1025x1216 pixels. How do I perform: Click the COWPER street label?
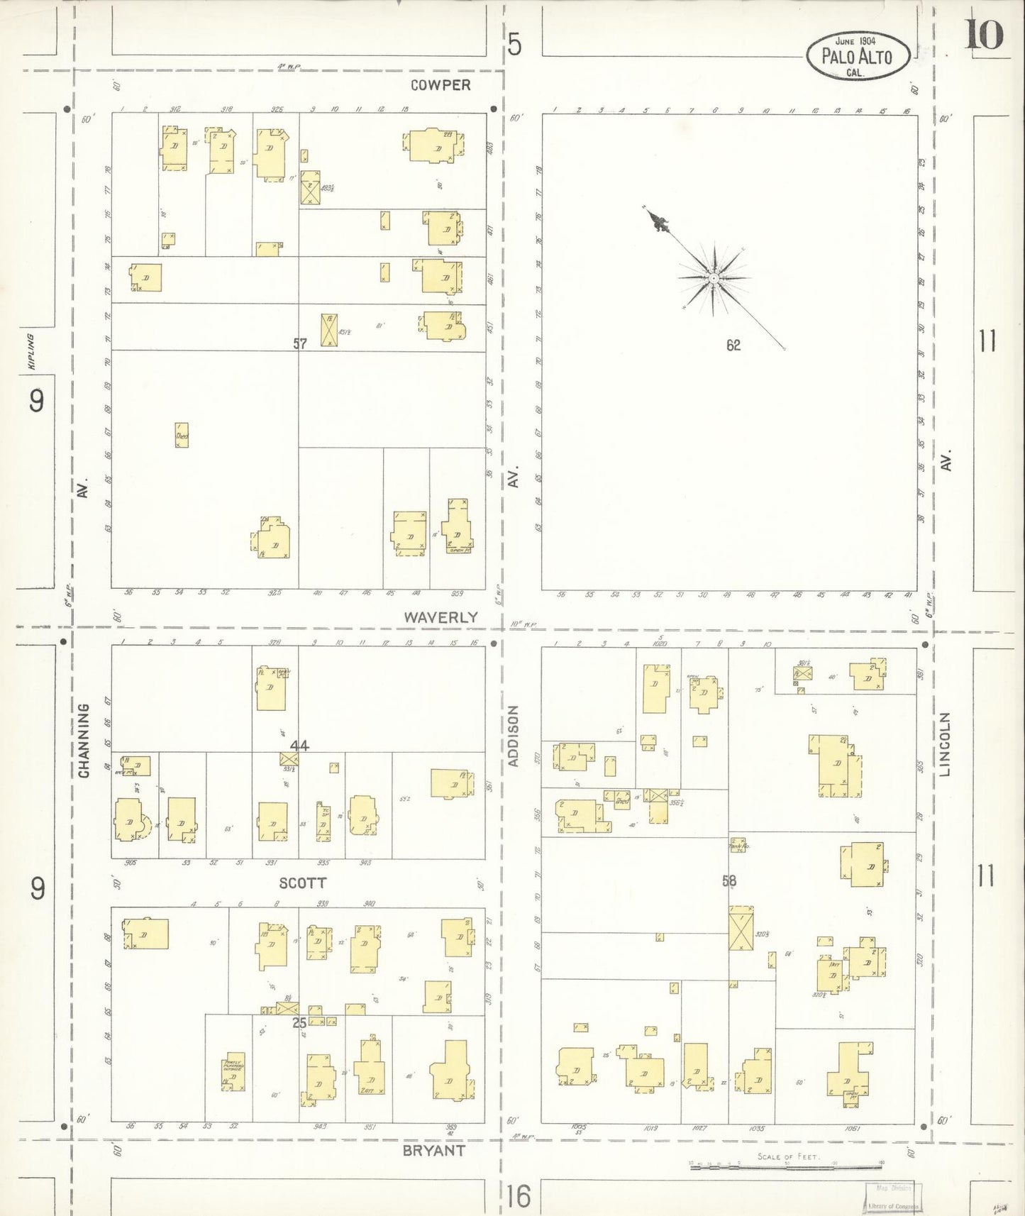441,85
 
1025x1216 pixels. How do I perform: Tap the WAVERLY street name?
441,617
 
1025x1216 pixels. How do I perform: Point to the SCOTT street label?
303,883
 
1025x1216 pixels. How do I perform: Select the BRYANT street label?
433,1151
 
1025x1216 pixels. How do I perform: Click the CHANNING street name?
84,741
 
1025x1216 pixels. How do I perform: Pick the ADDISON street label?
514,736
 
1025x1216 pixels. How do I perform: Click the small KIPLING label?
31,351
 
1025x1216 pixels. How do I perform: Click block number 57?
300,343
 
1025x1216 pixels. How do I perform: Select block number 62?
733,345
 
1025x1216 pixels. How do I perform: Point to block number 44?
299,745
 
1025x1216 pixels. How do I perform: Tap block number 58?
729,880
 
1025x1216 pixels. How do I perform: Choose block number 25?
299,1022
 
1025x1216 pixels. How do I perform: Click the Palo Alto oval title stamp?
858,55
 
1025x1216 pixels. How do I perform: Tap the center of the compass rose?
713,279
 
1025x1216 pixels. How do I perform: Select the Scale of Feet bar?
786,1163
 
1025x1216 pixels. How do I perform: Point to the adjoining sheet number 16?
519,1197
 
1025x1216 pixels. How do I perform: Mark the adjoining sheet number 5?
514,45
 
